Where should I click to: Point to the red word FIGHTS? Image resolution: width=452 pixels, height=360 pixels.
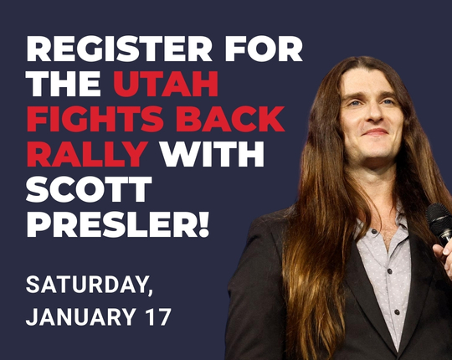[x=91, y=120]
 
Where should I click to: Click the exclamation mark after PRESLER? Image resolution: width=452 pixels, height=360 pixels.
[x=203, y=225]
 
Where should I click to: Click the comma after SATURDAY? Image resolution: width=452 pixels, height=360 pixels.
[x=151, y=293]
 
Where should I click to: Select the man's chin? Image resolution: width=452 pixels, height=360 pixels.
[x=376, y=151]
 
